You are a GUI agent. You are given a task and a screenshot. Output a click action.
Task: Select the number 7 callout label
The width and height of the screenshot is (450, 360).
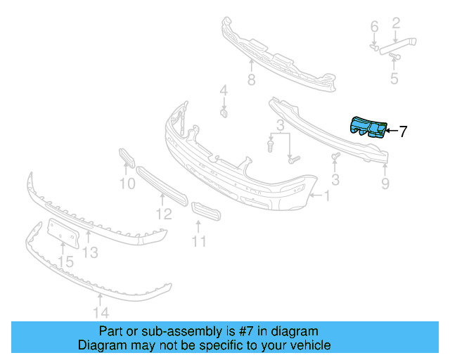click(x=403, y=131)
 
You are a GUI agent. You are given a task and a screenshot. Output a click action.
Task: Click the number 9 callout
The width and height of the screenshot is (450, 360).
click(x=385, y=184)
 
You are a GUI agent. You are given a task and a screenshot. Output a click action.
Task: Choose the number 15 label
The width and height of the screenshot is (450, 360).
click(x=65, y=262)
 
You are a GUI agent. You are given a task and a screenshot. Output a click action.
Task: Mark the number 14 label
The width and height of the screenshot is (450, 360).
click(x=101, y=313)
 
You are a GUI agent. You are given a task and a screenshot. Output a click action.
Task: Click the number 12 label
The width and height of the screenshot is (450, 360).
click(x=163, y=214)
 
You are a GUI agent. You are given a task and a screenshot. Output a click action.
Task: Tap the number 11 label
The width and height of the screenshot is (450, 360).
click(x=200, y=242)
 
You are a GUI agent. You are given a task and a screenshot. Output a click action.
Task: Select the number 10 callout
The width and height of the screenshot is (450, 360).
click(x=127, y=185)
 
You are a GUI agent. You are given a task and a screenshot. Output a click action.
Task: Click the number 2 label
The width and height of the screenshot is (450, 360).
click(x=396, y=24)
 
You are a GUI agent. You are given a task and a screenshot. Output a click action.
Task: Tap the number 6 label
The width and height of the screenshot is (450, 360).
click(x=374, y=27)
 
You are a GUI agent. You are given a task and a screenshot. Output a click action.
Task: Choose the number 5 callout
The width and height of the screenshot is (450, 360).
click(x=394, y=78)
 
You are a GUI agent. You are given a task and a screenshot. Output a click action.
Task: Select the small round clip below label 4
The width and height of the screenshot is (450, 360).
click(x=224, y=112)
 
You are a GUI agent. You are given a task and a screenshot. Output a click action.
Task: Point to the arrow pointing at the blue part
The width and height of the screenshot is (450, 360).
click(x=391, y=131)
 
